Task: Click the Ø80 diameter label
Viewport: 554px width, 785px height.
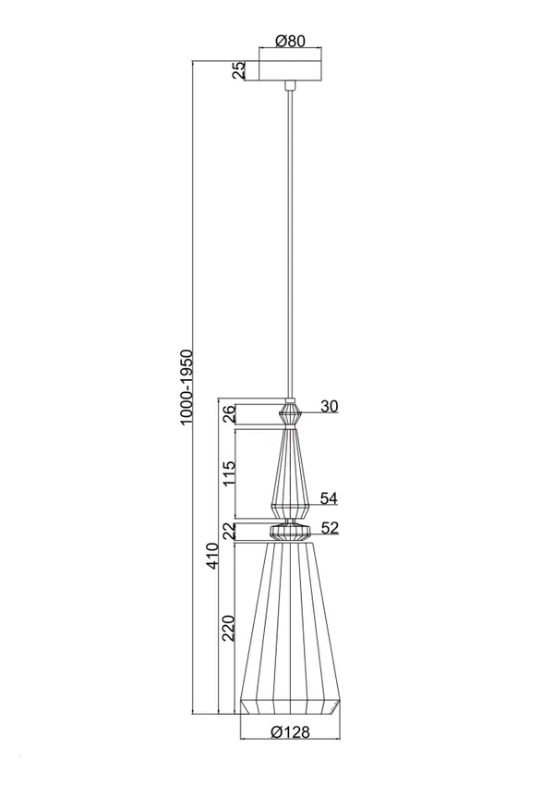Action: (290, 41)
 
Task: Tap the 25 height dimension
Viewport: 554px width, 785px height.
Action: (239, 70)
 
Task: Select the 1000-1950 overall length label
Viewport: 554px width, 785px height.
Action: (186, 387)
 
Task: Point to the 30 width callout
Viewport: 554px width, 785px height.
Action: (330, 406)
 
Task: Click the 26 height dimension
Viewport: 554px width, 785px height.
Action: (227, 414)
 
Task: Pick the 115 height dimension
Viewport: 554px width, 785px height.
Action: (228, 473)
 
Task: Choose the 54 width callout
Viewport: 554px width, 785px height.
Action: (329, 498)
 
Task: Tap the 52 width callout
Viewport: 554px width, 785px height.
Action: (330, 528)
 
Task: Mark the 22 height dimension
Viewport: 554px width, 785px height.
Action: (228, 532)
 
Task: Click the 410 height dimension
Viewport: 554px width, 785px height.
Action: (212, 556)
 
